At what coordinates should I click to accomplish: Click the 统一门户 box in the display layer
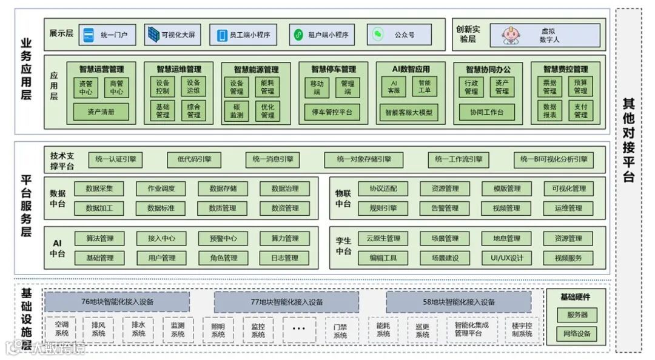(x=108, y=35)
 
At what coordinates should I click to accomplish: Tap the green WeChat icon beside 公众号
(x=378, y=35)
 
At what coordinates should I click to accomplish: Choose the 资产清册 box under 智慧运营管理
(x=101, y=112)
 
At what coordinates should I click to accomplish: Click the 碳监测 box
(x=237, y=112)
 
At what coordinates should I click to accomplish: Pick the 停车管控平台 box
(x=332, y=112)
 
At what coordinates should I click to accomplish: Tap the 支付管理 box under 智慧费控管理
(x=580, y=112)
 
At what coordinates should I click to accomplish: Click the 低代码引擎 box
(x=194, y=159)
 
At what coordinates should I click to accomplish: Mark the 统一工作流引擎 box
(x=458, y=159)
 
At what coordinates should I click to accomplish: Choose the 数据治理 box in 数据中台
(x=284, y=188)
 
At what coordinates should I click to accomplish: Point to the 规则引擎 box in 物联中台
(x=383, y=208)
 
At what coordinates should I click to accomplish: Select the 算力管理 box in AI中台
(x=284, y=238)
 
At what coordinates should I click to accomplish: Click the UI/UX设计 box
(x=506, y=258)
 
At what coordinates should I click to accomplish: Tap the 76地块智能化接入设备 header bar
(x=117, y=302)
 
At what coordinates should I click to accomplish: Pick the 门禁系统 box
(x=340, y=330)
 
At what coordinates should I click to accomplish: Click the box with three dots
(x=299, y=329)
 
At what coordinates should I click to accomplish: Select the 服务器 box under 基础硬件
(x=577, y=315)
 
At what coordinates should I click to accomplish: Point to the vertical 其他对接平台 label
(x=629, y=139)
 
